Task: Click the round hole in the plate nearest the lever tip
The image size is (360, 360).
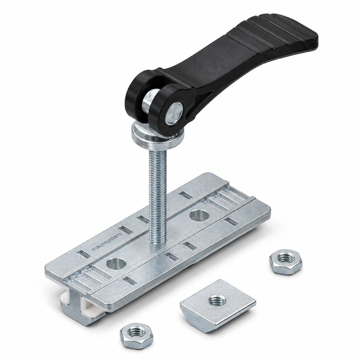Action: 199,215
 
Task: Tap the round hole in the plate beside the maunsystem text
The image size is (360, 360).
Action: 116,264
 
